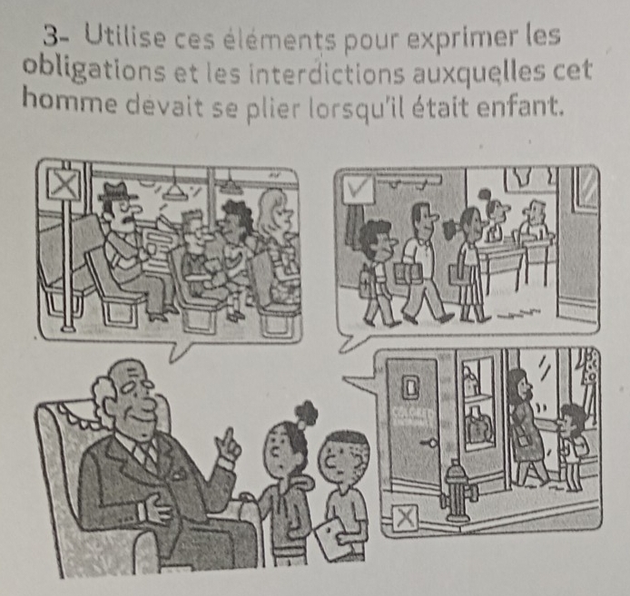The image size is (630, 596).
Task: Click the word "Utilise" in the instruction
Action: click(124, 39)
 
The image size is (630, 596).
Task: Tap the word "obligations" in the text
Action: click(94, 72)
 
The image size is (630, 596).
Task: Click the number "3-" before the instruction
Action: click(55, 38)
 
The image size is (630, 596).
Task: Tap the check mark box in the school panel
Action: click(358, 189)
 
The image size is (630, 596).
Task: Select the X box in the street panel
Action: click(405, 517)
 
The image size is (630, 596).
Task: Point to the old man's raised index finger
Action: click(230, 435)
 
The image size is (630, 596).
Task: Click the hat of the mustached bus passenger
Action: click(118, 191)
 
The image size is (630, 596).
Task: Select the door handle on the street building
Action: click(428, 443)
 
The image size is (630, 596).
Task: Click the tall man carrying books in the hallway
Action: click(422, 261)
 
